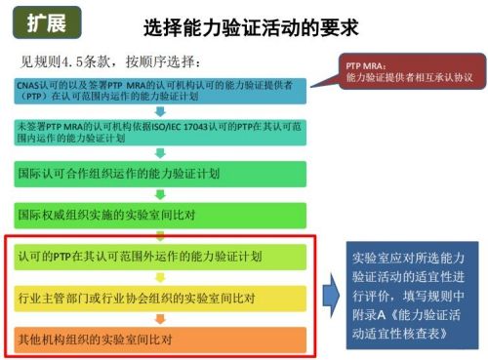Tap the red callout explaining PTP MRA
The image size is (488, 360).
pyautogui.click(x=409, y=70)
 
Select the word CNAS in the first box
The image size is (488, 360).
pyautogui.click(x=30, y=87)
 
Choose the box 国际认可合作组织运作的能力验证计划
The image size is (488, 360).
pyautogui.click(x=161, y=173)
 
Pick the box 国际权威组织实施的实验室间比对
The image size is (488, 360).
pyautogui.click(x=161, y=215)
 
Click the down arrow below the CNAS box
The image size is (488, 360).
pyautogui.click(x=162, y=111)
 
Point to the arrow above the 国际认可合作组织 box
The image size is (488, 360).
pyautogui.click(x=162, y=153)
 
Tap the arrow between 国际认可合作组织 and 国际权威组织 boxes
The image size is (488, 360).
pyautogui.click(x=162, y=194)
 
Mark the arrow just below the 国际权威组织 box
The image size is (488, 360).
pyautogui.click(x=162, y=235)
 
